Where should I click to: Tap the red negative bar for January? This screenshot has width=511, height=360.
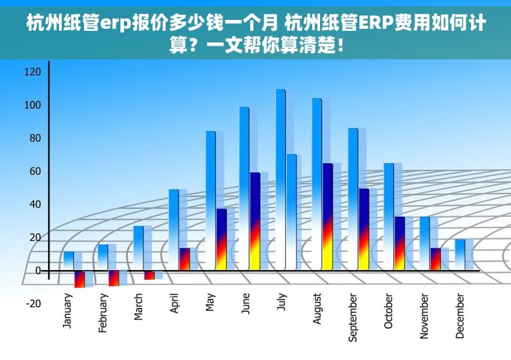(80, 279)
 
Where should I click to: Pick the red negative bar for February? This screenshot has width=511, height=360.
(114, 278)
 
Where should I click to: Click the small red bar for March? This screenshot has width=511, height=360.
(149, 275)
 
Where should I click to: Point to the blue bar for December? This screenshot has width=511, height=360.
(460, 255)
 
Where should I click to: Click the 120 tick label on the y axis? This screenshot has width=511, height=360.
(32, 72)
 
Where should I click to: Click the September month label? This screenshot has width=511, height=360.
(353, 318)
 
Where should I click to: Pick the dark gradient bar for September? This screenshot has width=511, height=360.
(364, 229)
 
